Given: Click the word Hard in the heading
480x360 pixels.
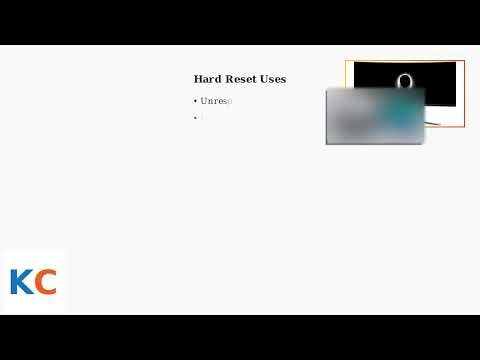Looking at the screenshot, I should [x=208, y=79].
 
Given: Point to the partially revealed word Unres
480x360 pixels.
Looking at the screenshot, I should [x=216, y=101].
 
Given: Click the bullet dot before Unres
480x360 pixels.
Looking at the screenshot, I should [x=196, y=101].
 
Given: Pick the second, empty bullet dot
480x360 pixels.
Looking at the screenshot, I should [x=196, y=118].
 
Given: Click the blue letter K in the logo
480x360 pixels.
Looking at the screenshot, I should [x=21, y=282].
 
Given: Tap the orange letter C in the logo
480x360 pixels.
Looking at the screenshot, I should [x=45, y=282].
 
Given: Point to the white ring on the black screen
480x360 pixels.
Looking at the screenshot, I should [x=404, y=80].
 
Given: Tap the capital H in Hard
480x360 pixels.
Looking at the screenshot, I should [x=198, y=79].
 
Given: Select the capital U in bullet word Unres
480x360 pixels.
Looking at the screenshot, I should [x=204, y=101].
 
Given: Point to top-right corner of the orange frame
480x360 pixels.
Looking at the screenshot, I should [x=465, y=61].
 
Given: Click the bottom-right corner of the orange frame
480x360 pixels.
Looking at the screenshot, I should [x=465, y=127].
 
